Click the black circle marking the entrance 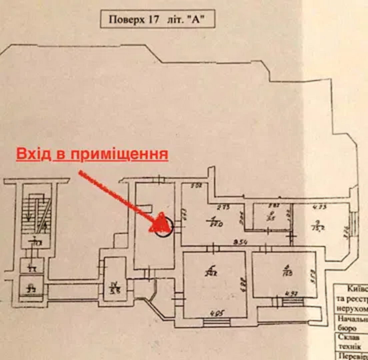click(x=164, y=227)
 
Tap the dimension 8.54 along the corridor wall click(x=237, y=242)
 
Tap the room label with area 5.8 click(x=114, y=287)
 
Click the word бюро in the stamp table click(x=344, y=328)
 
